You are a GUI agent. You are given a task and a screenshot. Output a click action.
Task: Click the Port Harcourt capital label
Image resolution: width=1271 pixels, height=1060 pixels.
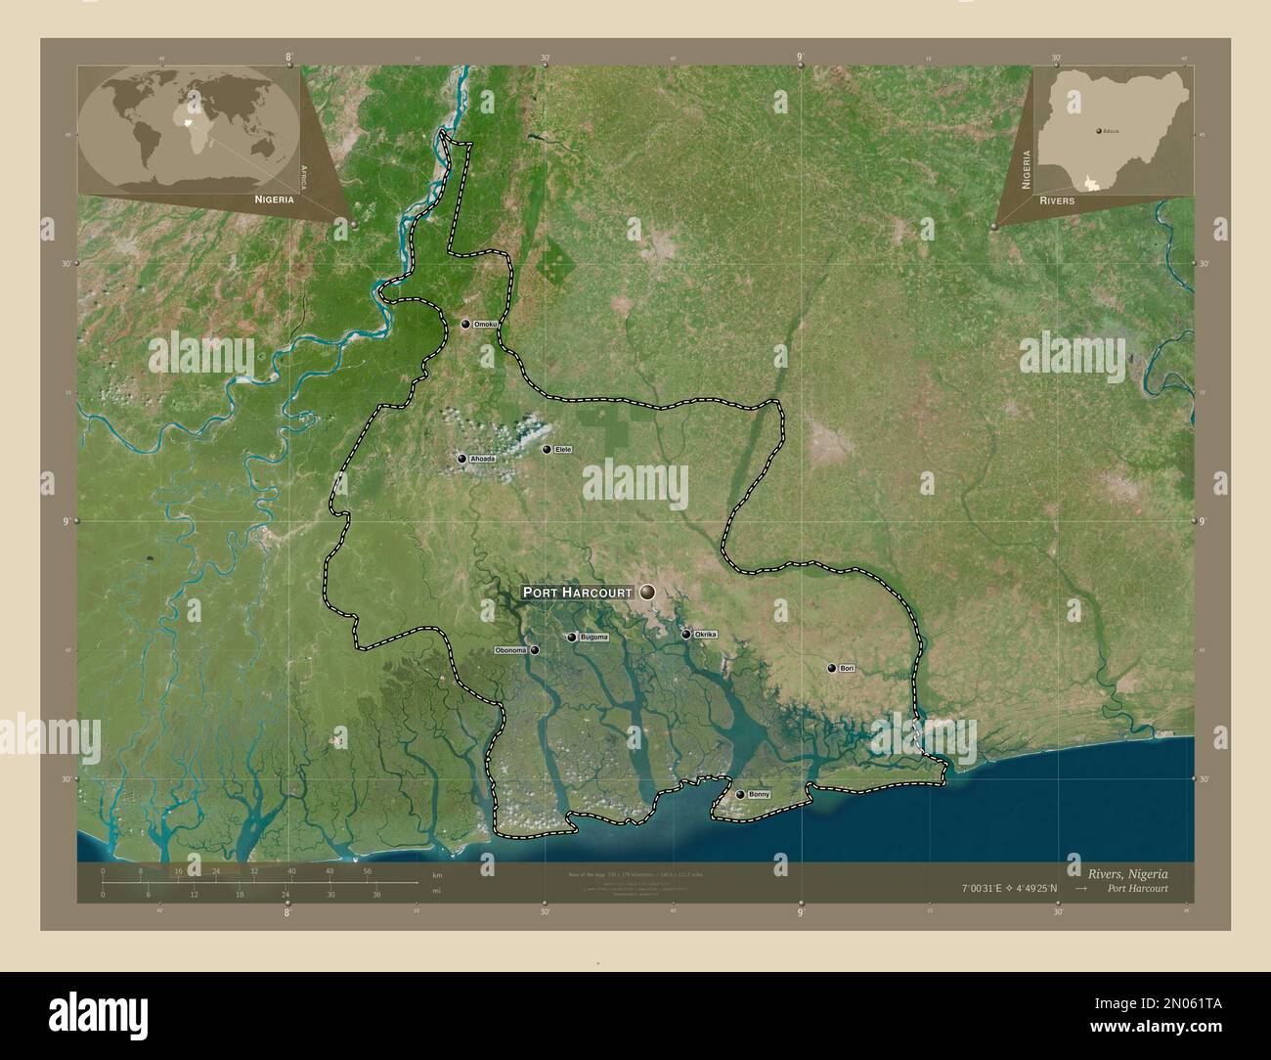click(578, 593)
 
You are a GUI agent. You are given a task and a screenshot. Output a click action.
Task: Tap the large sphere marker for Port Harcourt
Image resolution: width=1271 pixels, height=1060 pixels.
click(649, 592)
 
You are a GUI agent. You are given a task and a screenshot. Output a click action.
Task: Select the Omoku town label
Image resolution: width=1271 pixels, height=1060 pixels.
click(486, 324)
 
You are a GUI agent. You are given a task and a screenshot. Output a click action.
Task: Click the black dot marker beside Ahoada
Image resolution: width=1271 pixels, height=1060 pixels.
click(461, 458)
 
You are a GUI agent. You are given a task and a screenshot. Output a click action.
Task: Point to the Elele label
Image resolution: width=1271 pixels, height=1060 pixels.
click(562, 449)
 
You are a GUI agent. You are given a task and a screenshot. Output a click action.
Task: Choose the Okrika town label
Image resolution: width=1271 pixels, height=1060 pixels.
click(705, 635)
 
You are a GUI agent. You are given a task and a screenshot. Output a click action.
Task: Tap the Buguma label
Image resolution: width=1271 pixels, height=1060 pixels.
click(593, 638)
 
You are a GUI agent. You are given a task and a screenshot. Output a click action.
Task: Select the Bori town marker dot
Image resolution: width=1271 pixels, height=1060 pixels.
click(832, 669)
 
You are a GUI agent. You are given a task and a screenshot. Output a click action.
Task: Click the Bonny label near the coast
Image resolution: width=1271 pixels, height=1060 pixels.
click(759, 795)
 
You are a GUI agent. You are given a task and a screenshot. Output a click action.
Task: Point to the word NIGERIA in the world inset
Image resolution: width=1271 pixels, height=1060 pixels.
click(274, 199)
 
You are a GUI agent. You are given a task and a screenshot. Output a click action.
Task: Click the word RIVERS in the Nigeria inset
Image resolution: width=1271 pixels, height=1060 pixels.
click(1057, 199)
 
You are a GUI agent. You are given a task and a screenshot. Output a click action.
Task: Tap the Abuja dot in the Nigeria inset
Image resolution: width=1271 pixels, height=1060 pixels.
click(1098, 129)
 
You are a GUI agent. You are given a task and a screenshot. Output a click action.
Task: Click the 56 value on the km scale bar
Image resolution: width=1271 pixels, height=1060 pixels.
click(367, 870)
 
